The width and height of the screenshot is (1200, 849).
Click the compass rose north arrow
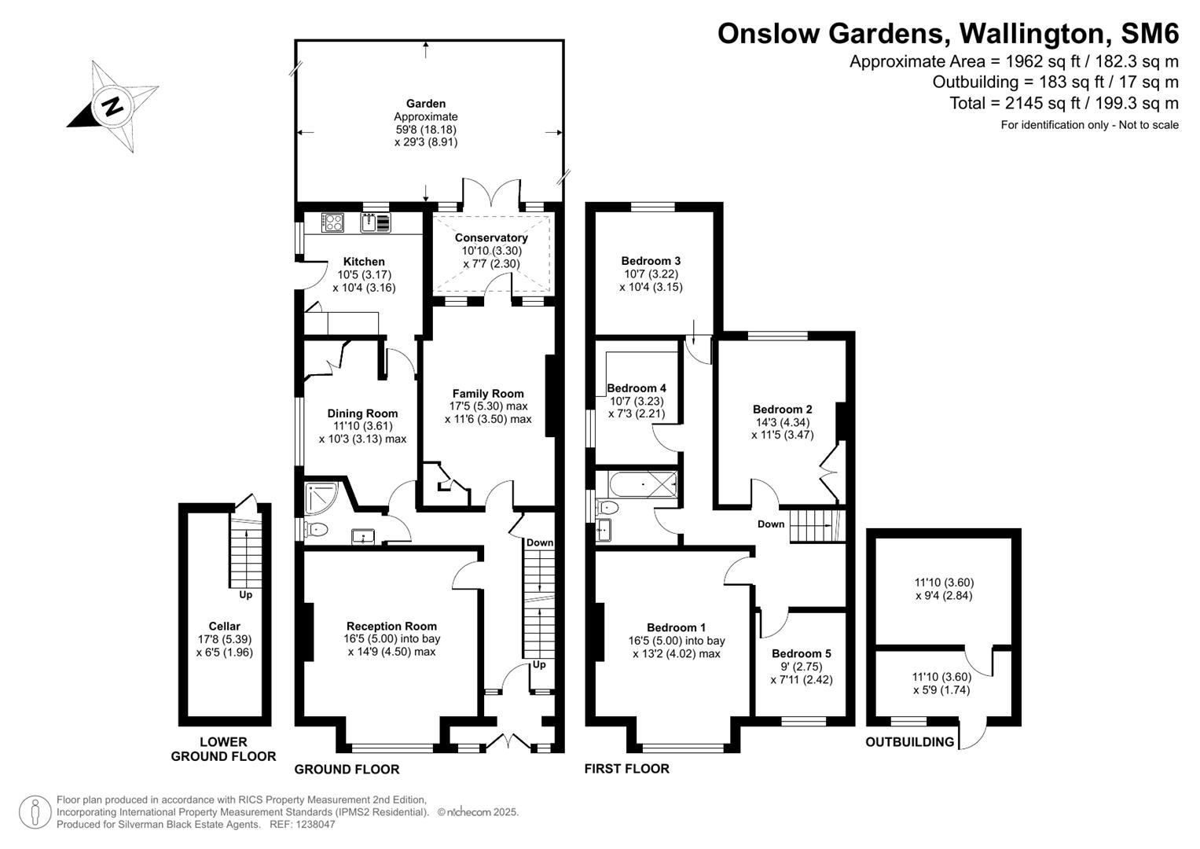[112, 105]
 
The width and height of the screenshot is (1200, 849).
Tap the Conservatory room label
[491, 237]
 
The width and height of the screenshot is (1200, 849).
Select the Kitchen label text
[364, 262]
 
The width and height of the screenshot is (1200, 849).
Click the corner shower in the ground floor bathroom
[321, 496]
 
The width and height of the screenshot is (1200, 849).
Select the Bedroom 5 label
[801, 653]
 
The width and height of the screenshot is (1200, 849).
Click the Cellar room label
[224, 627]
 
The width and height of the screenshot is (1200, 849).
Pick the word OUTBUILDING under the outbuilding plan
[909, 742]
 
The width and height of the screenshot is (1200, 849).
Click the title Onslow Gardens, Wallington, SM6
[948, 34]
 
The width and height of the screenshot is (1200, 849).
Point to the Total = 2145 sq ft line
[1063, 103]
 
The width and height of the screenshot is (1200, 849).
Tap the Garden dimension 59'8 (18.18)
[426, 130]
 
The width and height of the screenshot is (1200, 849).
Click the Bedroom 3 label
[651, 261]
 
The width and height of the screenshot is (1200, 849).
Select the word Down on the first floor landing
[770, 524]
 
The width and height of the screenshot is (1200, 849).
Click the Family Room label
[487, 394]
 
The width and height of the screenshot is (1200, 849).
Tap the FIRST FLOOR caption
[626, 769]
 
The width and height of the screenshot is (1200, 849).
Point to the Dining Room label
[362, 413]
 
